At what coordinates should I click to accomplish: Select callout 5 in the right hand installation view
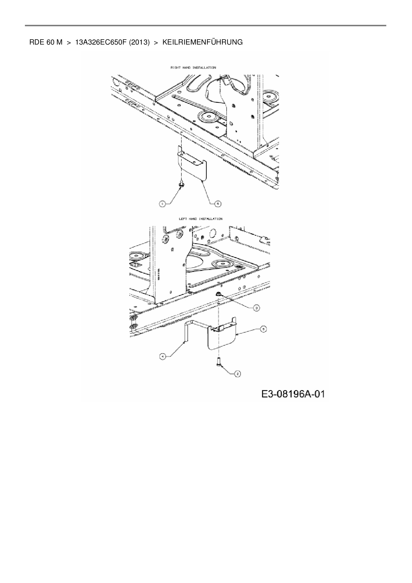pos(218,204)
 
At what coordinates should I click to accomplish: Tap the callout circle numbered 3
pos(257,308)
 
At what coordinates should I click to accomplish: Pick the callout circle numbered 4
pos(162,357)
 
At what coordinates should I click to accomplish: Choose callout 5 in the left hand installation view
pos(263,329)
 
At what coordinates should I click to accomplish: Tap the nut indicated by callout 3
pos(219,293)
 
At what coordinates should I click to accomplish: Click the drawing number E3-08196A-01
pos(293,394)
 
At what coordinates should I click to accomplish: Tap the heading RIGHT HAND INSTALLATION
pos(193,67)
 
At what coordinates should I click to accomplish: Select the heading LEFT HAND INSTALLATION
pos(201,219)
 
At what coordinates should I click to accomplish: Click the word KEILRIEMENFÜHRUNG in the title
pos(202,42)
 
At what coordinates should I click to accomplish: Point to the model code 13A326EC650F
pos(101,42)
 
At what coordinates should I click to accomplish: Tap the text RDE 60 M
pos(46,42)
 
